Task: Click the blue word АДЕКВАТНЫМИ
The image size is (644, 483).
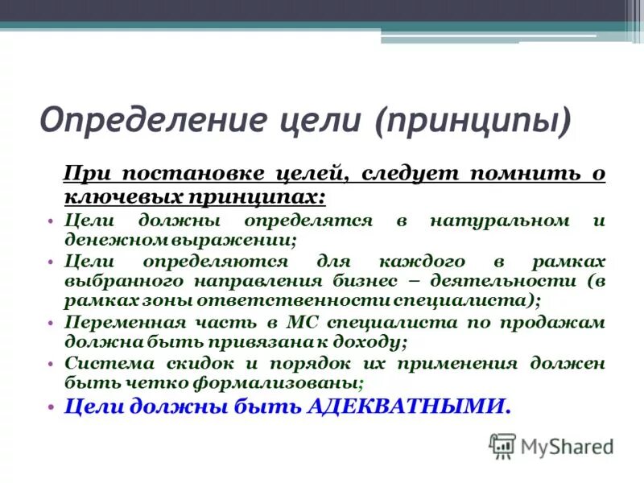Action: point(409,407)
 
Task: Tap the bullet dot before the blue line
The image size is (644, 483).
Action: point(50,407)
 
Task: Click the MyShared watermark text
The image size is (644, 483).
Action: point(567,446)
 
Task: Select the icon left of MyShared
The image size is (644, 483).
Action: point(503,445)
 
